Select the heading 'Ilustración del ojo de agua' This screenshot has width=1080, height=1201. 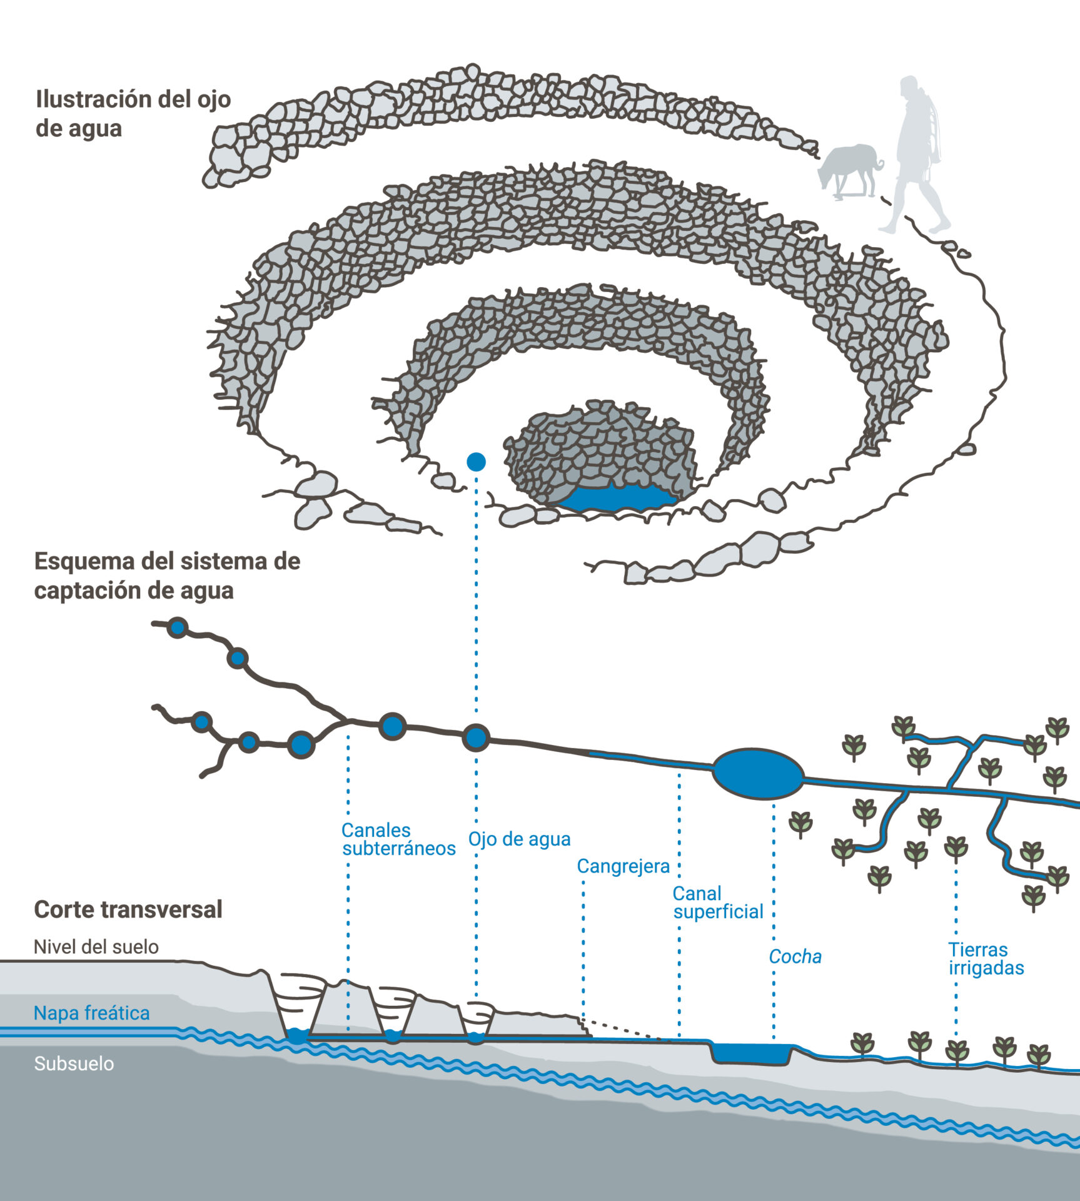click(x=133, y=113)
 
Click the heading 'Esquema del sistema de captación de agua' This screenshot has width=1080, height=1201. click(x=167, y=575)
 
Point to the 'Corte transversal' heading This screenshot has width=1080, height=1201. click(x=128, y=910)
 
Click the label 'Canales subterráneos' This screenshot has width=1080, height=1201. click(x=398, y=839)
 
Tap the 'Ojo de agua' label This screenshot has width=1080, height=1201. click(x=519, y=839)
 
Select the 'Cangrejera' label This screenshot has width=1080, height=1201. click(x=623, y=866)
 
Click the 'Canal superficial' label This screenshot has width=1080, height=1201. click(x=718, y=903)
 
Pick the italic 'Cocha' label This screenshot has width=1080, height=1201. click(x=795, y=956)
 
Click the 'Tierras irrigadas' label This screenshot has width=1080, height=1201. click(x=986, y=959)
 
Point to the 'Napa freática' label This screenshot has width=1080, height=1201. click(x=91, y=1013)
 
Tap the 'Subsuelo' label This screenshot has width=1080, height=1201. click(x=74, y=1064)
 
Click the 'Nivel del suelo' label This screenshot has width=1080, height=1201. click(x=96, y=947)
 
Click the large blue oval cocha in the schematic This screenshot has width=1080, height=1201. click(x=757, y=774)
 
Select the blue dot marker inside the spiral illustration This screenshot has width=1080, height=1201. click(x=476, y=462)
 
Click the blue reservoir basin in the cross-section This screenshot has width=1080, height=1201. click(x=751, y=1053)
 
